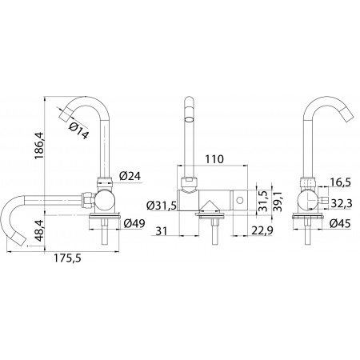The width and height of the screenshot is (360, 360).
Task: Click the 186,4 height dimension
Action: tap(40, 146)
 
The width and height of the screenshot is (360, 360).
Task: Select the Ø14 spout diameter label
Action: tap(78, 130)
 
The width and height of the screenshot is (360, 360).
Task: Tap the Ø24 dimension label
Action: tap(130, 176)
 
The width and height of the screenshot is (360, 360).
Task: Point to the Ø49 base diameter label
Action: tap(134, 223)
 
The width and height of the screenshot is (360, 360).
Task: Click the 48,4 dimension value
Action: tap(40, 231)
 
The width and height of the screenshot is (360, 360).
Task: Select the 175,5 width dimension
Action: tap(67, 258)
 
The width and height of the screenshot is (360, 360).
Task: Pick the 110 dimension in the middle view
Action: tap(214, 159)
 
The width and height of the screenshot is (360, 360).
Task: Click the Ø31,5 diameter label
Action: tap(162, 206)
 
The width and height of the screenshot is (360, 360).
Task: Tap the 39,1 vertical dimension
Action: tap(278, 201)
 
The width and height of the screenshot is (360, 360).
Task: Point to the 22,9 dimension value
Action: tap(262, 230)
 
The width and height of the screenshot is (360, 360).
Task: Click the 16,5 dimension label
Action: tap(340, 182)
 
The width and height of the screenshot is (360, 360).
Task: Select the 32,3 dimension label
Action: tap(342, 204)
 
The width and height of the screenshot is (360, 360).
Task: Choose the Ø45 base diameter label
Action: tap(340, 223)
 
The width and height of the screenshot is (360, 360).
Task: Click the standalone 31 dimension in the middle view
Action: tap(161, 230)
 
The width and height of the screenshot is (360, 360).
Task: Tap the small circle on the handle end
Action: tap(240, 200)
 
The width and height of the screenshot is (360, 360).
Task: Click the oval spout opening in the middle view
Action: tap(189, 119)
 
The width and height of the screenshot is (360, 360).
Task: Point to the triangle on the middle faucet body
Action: tap(210, 206)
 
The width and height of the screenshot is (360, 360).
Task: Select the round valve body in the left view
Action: tap(105, 201)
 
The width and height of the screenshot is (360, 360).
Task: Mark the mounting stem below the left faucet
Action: tap(105, 231)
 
